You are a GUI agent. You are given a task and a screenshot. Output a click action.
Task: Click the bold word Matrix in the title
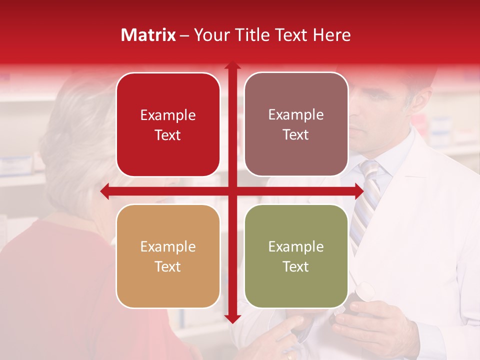coord(148,35)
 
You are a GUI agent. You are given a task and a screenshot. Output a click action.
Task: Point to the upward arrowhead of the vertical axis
coord(232,65)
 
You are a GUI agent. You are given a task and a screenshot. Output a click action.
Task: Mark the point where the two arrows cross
coord(232,191)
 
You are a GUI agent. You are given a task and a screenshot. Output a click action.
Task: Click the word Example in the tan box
coord(168,246)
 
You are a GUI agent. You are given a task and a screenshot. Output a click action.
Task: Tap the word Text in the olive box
coord(296,266)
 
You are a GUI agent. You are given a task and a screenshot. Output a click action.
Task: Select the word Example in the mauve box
coord(296,115)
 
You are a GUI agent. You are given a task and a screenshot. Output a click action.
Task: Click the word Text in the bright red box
coord(168,135)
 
